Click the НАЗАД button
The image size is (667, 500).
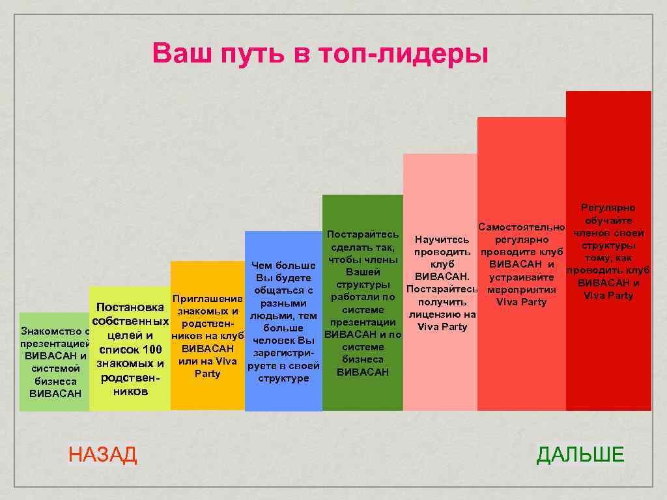click(x=103, y=454)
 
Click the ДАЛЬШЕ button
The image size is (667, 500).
click(x=580, y=454)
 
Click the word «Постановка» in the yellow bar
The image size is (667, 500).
click(x=130, y=307)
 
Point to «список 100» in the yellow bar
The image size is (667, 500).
click(x=130, y=350)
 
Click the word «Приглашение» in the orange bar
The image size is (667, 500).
click(x=207, y=299)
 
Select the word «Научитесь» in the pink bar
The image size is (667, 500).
click(x=442, y=240)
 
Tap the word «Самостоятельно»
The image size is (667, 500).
click(x=521, y=227)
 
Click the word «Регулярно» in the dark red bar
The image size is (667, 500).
click(x=608, y=208)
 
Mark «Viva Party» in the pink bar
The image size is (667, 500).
click(x=442, y=327)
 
